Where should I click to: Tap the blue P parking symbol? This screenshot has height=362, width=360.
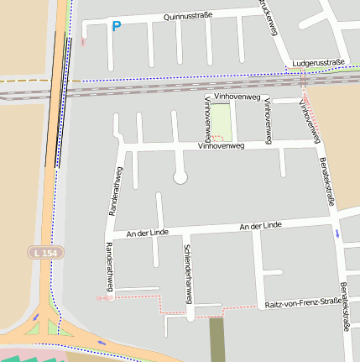pyautogui.click(x=116, y=27)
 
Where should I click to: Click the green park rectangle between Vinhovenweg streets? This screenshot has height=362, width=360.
pyautogui.click(x=220, y=123)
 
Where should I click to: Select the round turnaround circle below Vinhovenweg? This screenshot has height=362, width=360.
pyautogui.click(x=180, y=177)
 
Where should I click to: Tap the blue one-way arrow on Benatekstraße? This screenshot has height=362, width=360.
pyautogui.click(x=338, y=233)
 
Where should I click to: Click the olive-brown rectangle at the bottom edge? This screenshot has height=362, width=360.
pyautogui.click(x=217, y=339)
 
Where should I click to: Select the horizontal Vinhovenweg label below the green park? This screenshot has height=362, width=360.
pyautogui.click(x=220, y=146)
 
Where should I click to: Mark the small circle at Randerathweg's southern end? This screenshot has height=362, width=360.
pyautogui.click(x=111, y=296)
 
